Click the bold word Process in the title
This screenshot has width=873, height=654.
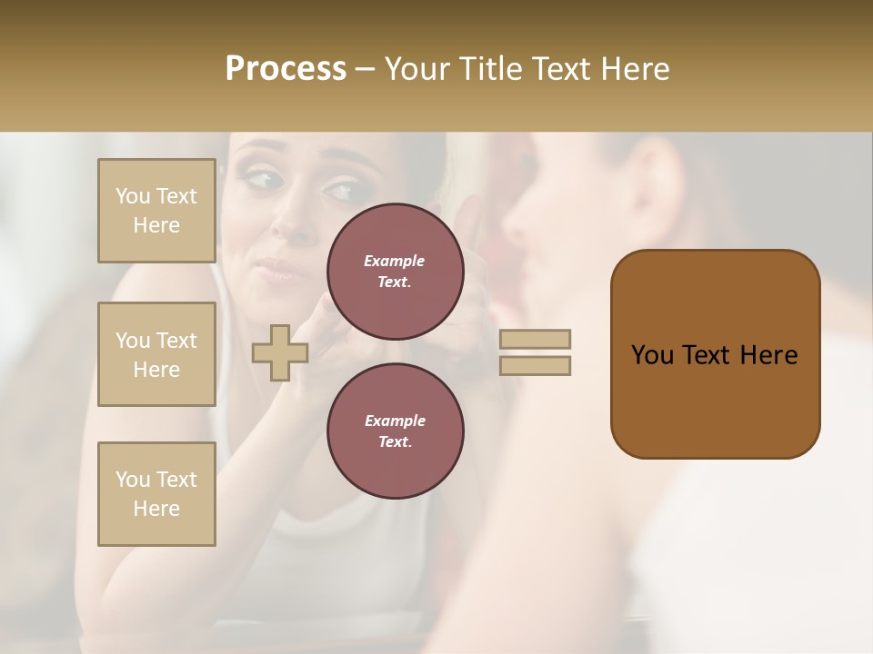(x=286, y=68)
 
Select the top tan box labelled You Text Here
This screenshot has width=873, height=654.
(x=156, y=211)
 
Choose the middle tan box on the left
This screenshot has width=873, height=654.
(x=156, y=354)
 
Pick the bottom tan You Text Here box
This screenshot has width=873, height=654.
(x=156, y=494)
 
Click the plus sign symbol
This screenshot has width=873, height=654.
(x=280, y=352)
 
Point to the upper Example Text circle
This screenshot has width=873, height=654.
(x=396, y=272)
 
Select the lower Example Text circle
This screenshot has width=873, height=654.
(x=396, y=431)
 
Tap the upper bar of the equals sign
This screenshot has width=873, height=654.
(x=535, y=340)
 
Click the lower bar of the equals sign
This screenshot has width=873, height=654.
(x=535, y=365)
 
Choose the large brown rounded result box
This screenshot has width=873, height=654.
(x=715, y=354)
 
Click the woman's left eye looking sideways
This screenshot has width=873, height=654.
(x=341, y=192)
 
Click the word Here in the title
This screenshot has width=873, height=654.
(x=633, y=68)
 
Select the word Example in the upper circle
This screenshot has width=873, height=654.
(x=395, y=261)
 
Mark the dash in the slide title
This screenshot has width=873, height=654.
(x=366, y=69)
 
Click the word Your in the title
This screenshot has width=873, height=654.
(x=416, y=68)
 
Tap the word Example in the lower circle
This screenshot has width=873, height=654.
(x=395, y=421)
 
